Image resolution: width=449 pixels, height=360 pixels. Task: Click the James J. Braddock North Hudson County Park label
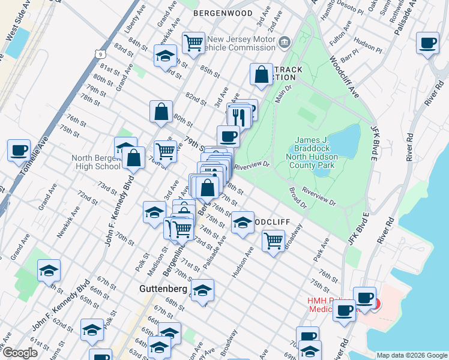point(316,152)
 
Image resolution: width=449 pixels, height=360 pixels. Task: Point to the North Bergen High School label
point(96,163)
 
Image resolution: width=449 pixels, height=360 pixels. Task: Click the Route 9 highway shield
point(97,54)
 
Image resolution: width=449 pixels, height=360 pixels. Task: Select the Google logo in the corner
point(19,353)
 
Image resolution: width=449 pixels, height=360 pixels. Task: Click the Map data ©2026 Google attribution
point(411,355)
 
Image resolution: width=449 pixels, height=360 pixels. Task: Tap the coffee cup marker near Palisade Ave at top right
point(427,43)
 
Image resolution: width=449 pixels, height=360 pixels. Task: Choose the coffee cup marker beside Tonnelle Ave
point(19,149)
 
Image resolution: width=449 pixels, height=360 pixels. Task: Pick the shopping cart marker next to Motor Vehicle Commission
point(193,43)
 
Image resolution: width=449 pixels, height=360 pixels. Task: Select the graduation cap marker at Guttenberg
point(203,291)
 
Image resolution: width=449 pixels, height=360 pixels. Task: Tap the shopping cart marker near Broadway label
point(273,241)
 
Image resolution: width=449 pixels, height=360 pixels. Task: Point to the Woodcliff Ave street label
point(343,77)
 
